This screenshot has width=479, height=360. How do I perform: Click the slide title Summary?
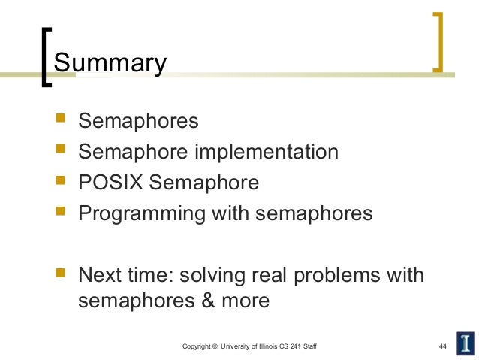click(x=110, y=63)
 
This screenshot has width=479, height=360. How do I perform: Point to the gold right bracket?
click(x=438, y=41)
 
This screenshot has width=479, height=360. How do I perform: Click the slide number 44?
click(x=442, y=346)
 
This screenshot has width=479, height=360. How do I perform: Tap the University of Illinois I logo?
click(x=465, y=343)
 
